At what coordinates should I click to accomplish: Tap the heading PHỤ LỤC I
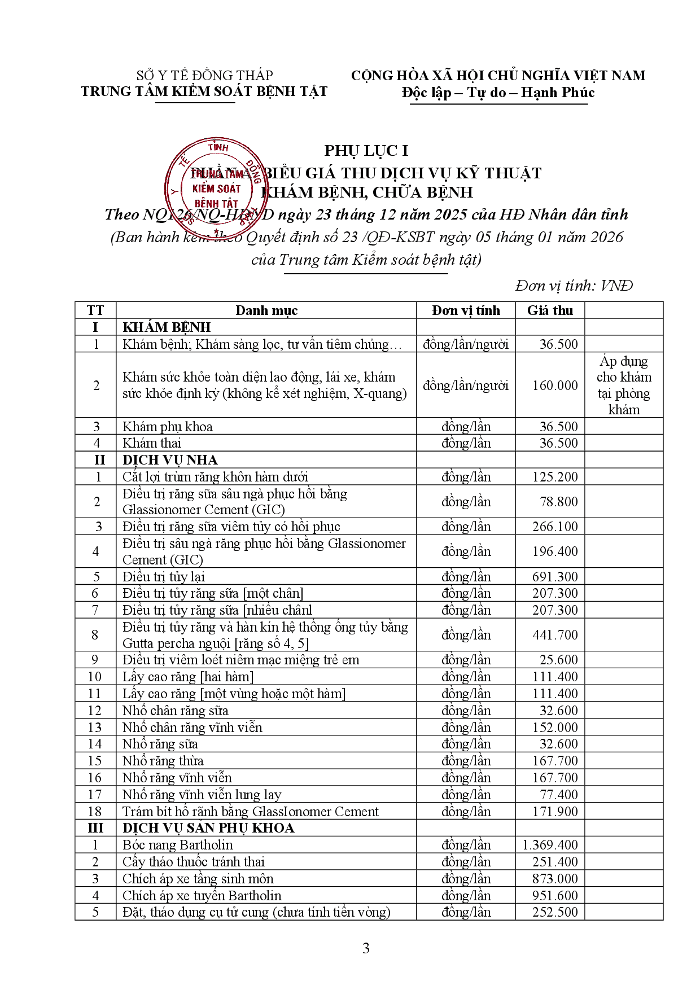coord(366,151)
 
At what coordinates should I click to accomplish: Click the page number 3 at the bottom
coord(366,948)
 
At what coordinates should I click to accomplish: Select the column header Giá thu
coord(550,310)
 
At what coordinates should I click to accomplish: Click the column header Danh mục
coord(266,310)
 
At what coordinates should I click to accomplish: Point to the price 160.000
coord(555,386)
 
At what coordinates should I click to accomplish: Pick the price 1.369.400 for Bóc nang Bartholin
coord(550,845)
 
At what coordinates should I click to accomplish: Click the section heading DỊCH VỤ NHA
coord(170,460)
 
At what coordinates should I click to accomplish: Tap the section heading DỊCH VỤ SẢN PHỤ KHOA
coord(208,828)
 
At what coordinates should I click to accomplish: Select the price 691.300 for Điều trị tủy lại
coord(555,577)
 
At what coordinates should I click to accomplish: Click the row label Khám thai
coord(152,443)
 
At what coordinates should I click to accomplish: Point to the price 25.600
coord(558,660)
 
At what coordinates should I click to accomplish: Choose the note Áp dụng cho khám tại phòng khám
coord(624,386)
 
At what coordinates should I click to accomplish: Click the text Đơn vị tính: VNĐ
coord(574,286)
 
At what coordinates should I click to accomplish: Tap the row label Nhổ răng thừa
coord(163,761)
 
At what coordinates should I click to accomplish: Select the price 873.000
coord(555,879)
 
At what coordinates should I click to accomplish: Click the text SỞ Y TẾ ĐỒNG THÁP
coord(204,76)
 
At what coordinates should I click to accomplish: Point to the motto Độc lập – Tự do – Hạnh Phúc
coord(498,93)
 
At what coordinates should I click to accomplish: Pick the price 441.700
coord(555,635)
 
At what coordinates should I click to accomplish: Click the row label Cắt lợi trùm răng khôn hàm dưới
coord(215,477)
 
